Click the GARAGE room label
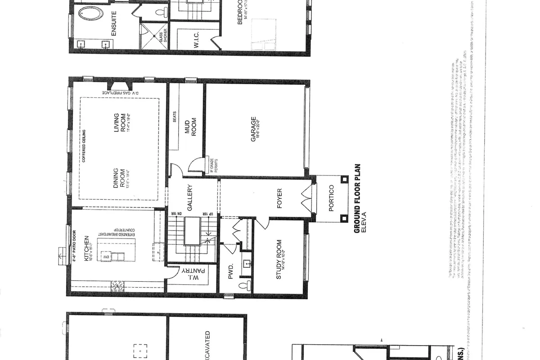click(x=254, y=130)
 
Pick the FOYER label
click(x=279, y=201)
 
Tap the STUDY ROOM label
click(x=279, y=266)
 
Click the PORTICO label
click(x=331, y=197)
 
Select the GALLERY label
click(x=190, y=198)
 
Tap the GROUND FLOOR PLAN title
click(x=358, y=198)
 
